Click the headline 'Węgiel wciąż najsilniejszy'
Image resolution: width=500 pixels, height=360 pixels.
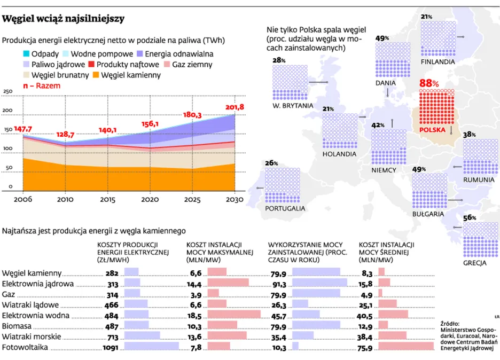point(64,19)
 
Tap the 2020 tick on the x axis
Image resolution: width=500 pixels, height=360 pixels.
point(150,199)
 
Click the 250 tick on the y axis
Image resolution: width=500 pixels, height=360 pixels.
point(8,92)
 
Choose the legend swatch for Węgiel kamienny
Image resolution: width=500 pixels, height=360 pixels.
point(96,75)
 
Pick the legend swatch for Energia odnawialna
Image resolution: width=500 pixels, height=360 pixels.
point(140,54)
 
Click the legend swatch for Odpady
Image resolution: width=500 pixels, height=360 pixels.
point(26,54)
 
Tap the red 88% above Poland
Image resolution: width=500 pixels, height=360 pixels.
point(429,83)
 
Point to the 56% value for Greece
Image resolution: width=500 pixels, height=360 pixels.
point(470,217)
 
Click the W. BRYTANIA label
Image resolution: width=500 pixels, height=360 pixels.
point(292,106)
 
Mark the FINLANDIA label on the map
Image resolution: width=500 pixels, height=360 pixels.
point(437,62)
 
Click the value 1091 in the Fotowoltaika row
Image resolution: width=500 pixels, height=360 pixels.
point(110,347)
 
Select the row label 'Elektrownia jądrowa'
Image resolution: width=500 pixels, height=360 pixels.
point(38,284)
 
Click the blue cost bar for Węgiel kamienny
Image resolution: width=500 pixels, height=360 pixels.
point(131,272)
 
